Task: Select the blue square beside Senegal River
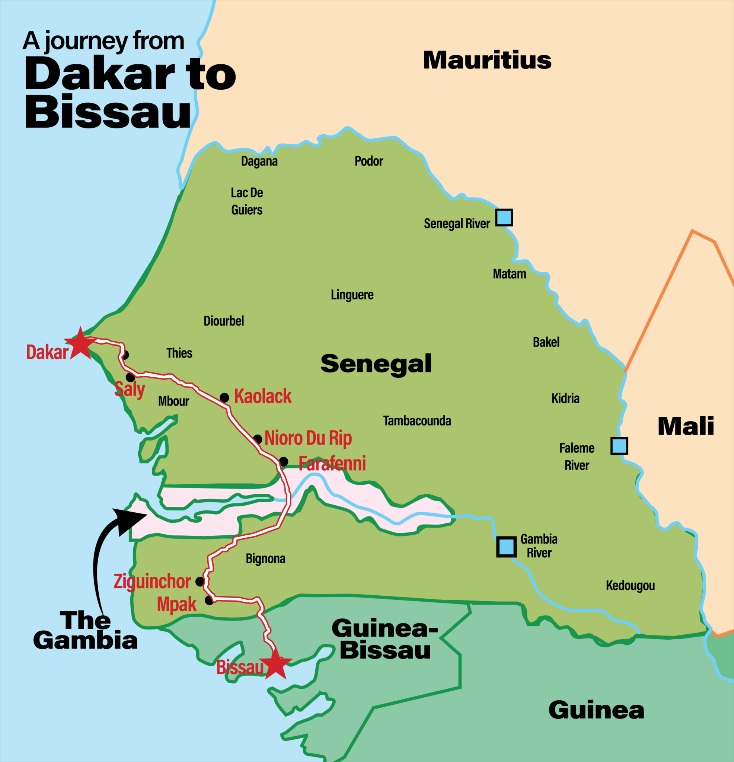(504, 217)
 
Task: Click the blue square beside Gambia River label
(507, 547)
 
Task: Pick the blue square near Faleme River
(619, 445)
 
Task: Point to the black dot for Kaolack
(224, 397)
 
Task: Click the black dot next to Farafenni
(284, 461)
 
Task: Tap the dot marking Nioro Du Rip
(258, 439)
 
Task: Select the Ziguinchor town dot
(200, 581)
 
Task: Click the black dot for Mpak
(209, 601)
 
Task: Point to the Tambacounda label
(417, 421)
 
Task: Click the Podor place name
(369, 161)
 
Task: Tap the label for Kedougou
(630, 585)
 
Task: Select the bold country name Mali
(686, 426)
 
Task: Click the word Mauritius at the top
(487, 60)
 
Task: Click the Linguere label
(352, 295)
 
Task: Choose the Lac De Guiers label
(247, 201)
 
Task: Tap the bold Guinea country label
(596, 710)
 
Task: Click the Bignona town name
(266, 559)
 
